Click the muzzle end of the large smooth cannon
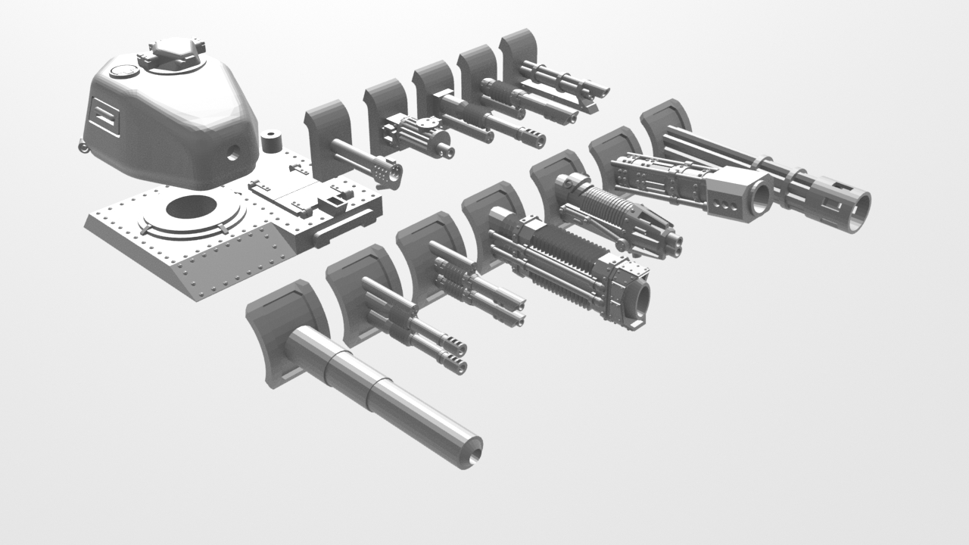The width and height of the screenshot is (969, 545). tap(469, 451)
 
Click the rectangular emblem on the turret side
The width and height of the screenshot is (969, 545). tap(104, 117)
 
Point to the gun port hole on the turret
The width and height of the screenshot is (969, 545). tap(234, 151)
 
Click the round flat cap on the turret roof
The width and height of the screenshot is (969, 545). tap(120, 72)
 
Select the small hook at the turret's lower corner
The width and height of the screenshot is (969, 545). tap(82, 146)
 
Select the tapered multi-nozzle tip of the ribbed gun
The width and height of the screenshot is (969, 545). tap(662, 236)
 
